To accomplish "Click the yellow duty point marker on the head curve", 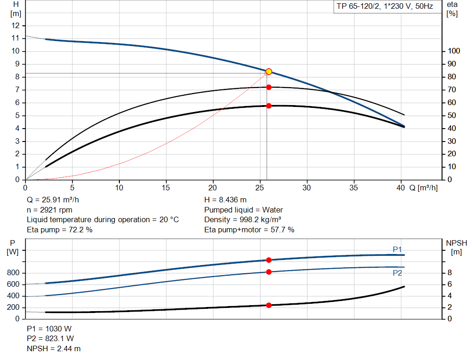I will pos(269,71).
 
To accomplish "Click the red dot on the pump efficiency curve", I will pos(269,87).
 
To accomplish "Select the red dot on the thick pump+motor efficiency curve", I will pos(269,106).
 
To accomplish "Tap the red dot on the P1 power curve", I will pos(269,260).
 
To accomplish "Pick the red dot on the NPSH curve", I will pos(269,305).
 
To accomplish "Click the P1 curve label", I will pos(397,249).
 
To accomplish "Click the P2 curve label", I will pos(397,273).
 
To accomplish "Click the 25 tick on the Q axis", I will pos(260,188).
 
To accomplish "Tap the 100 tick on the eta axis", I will pos(454,51).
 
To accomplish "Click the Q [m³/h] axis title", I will pos(424,188).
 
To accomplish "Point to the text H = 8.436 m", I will pos(225,200).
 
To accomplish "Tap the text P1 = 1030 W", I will pos(49,329).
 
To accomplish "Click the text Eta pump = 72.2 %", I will pos(59,230).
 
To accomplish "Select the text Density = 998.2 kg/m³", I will pos(243,220).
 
